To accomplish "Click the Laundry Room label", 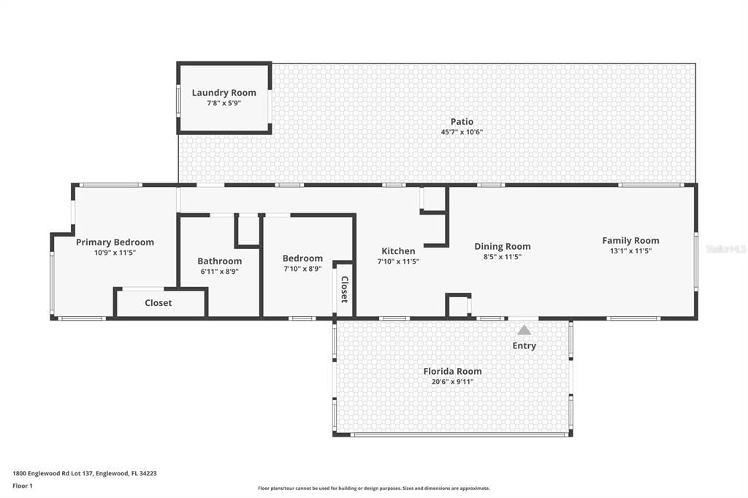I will coord(224,93).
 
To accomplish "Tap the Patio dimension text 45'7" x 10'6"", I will coord(462,132).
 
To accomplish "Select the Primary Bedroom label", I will coord(115,242).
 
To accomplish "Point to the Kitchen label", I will coord(398,251).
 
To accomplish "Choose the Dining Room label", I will coord(503,246).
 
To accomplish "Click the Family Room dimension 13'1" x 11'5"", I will coord(630,250).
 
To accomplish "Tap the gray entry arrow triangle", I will coord(524,330).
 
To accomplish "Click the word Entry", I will coord(524,345).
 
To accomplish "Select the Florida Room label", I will coord(452,371).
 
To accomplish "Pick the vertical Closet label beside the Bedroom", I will coord(344,289).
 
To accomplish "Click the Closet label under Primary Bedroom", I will coord(159,302).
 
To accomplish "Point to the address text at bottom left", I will coord(85,473).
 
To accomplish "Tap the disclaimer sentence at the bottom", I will coord(373,489).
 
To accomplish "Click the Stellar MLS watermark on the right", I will coord(726,249).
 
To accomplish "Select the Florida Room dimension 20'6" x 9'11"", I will coord(452,381).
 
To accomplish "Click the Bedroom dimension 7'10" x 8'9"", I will coord(302,268).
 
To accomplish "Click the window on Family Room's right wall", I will coord(695,261).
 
